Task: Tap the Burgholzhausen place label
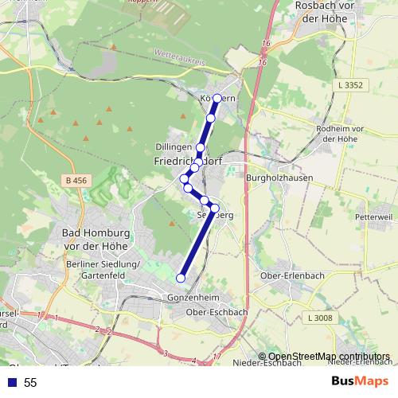click(279, 178)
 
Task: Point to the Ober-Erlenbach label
click(290, 275)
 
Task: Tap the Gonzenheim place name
click(193, 297)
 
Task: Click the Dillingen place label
click(174, 148)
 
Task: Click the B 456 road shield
click(76, 181)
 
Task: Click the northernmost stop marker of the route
click(217, 99)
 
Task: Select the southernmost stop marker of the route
click(181, 278)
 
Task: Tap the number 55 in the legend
click(30, 383)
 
